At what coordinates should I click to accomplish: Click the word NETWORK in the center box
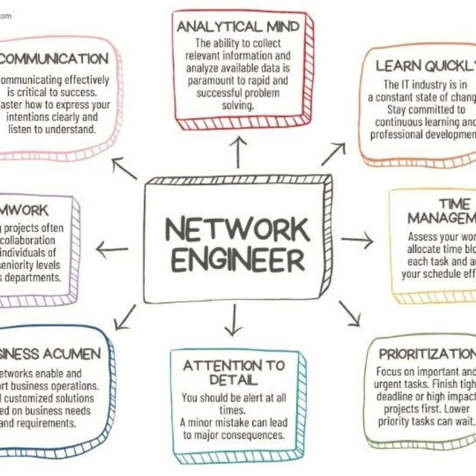237,230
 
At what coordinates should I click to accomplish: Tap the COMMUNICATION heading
54,59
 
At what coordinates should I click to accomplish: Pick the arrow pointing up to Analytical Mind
238,152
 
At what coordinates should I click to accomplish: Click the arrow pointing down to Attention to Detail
234,321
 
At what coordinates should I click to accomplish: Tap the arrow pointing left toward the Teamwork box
112,250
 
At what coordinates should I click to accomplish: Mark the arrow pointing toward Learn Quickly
333,154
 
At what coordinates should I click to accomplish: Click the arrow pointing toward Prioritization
350,313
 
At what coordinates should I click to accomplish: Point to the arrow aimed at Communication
124,168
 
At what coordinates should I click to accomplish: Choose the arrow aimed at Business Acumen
125,317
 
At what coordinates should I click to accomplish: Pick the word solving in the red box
237,105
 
